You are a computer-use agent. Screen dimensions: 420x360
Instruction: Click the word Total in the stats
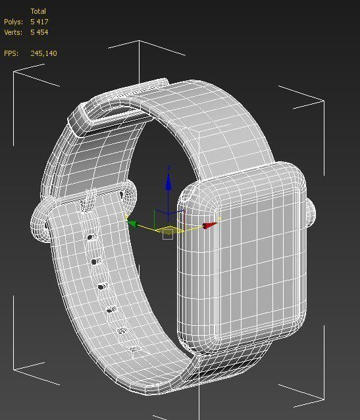[39, 12]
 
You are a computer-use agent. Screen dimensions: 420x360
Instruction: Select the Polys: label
[13, 22]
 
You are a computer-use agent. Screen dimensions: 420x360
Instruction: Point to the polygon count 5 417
[39, 22]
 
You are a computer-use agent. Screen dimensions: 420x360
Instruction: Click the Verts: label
[13, 32]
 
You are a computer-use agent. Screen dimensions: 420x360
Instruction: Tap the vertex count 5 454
[39, 32]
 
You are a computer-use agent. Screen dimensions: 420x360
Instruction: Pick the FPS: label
[11, 53]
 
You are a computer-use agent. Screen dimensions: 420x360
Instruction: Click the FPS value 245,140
[43, 53]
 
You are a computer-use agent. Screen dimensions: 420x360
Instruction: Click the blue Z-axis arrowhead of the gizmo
[168, 182]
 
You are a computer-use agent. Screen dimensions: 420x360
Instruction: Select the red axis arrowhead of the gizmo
[209, 226]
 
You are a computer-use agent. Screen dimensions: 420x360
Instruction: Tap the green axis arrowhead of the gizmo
[132, 224]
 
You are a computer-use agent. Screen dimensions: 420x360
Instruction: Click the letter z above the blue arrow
[169, 169]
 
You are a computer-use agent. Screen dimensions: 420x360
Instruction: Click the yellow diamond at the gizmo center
[169, 230]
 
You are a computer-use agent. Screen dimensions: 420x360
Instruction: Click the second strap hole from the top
[95, 262]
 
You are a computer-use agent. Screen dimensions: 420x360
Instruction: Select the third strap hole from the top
[102, 286]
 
